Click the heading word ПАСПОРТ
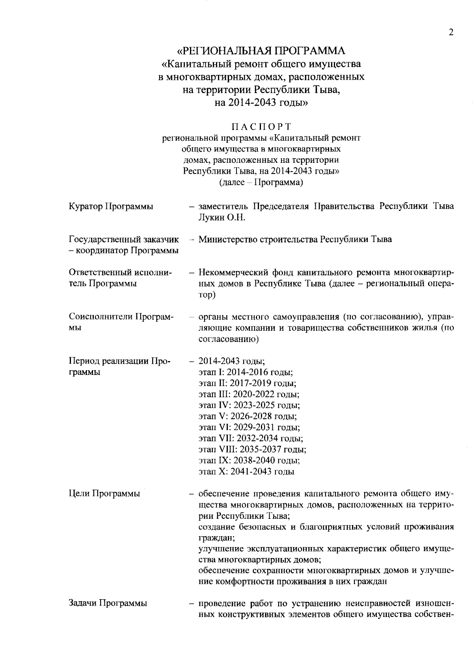click(261, 127)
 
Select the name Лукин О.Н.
click(222, 218)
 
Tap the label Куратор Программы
click(111, 207)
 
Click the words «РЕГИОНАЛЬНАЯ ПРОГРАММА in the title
click(261, 51)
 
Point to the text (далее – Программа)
click(261, 182)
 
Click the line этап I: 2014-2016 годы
click(245, 372)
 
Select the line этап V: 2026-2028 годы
click(248, 416)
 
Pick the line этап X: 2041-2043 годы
click(246, 471)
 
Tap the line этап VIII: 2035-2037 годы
click(252, 449)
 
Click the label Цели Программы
click(104, 494)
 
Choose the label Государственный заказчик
click(124, 240)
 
